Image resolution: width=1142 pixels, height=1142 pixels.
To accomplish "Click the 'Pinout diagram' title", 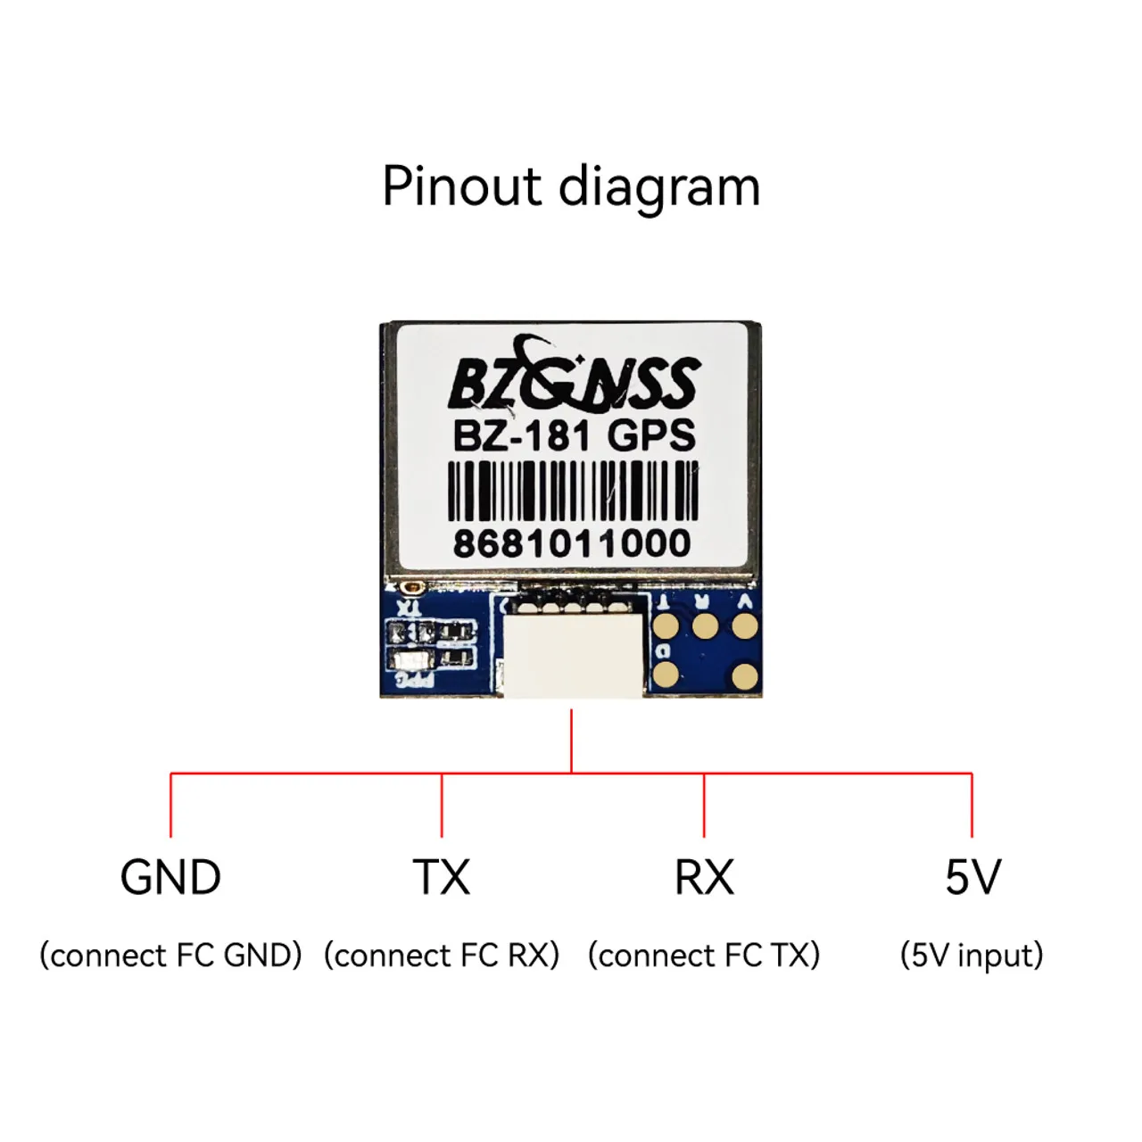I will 571,186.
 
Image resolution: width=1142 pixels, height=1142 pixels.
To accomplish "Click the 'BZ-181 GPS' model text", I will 574,436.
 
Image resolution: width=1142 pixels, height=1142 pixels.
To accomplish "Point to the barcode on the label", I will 572,490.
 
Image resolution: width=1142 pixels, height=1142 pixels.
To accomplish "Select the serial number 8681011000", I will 572,543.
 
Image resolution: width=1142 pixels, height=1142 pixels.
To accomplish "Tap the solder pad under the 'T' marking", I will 665,626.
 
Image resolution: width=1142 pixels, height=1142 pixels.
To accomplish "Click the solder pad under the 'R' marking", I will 704,626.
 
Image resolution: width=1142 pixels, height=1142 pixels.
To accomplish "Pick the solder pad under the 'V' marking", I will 744,626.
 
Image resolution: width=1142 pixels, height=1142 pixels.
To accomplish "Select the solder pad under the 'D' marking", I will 666,675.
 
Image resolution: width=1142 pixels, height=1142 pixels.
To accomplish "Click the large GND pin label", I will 170,878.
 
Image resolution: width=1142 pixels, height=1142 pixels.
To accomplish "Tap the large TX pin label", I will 441,878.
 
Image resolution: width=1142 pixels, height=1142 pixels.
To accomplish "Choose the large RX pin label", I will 704,878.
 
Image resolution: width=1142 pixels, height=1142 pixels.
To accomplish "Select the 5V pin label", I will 972,878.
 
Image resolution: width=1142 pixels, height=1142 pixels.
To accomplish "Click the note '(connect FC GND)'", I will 170,956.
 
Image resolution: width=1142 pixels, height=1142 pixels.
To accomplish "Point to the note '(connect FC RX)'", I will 441,956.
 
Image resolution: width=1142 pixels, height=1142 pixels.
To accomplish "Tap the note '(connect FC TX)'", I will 704,956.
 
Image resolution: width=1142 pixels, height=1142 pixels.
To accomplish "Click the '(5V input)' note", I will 972,956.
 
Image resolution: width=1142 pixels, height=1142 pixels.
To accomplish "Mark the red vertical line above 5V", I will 972,805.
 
